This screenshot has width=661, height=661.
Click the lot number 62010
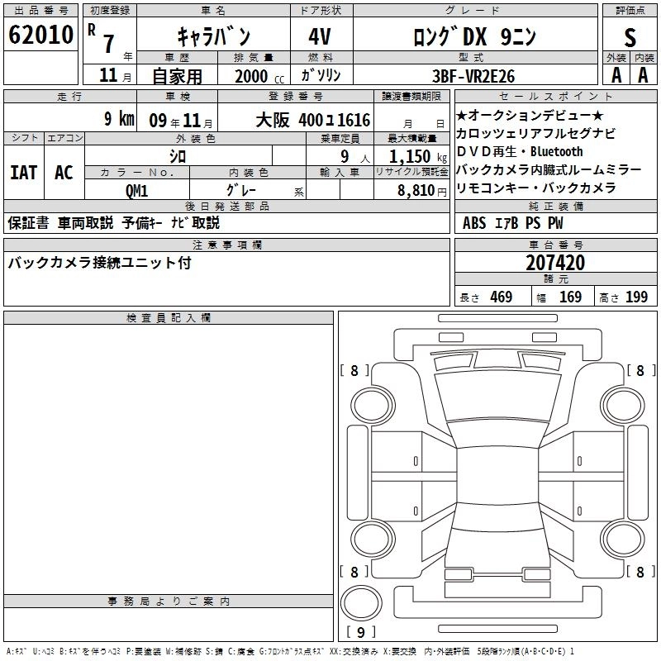[x=40, y=36]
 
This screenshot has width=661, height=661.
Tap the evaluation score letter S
[x=630, y=37]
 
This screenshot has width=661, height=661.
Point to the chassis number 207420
[x=555, y=263]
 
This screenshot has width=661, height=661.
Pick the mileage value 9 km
[x=119, y=119]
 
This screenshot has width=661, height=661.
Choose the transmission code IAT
[x=23, y=173]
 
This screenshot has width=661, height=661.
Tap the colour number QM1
[x=137, y=190]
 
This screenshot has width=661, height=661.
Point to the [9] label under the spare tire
[x=360, y=632]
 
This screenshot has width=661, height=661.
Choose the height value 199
[x=636, y=297]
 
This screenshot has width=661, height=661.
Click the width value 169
[x=570, y=297]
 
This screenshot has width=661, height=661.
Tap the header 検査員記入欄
[x=169, y=317]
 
